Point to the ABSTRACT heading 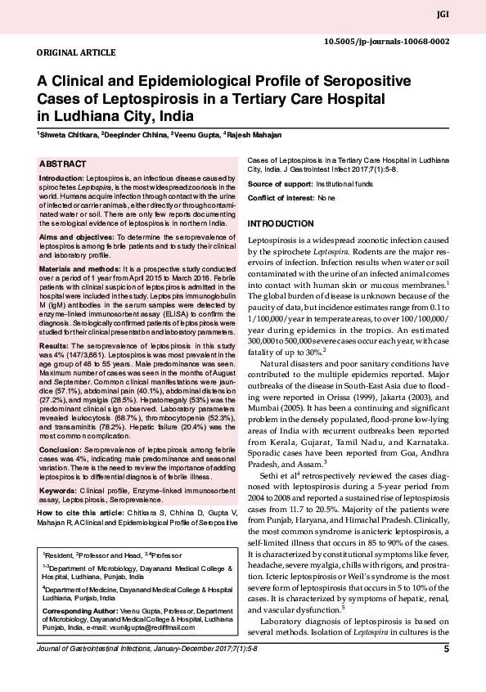pos(64,164)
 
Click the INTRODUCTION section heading pos(280,223)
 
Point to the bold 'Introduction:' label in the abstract pos(62,177)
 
